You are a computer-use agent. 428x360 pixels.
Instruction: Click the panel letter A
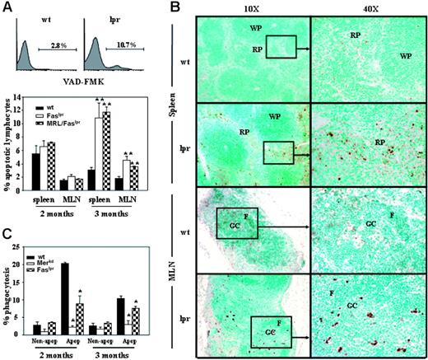click(x=7, y=7)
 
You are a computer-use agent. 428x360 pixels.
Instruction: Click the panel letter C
click(x=7, y=232)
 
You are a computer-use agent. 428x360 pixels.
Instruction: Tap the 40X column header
click(x=363, y=7)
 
